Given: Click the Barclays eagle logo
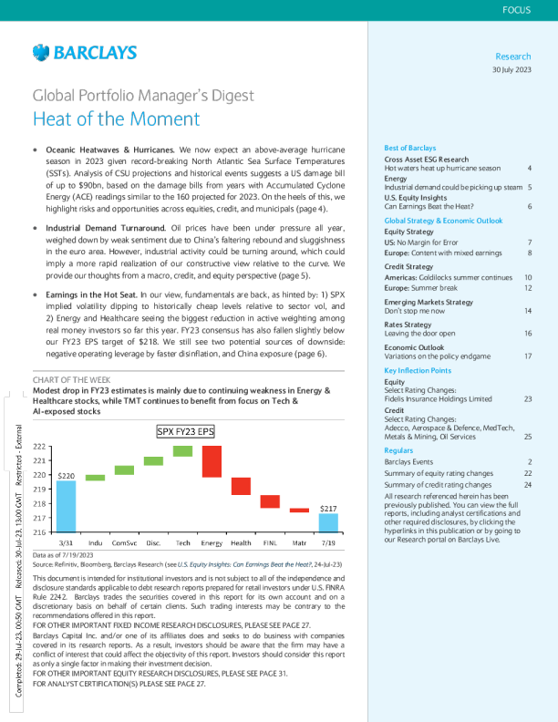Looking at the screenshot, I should click(x=40, y=54).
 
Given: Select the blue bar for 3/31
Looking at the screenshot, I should click(x=67, y=505).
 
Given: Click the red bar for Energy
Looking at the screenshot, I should click(x=212, y=461).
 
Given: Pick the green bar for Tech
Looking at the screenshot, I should click(x=182, y=450).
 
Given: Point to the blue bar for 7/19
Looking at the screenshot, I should click(x=328, y=521).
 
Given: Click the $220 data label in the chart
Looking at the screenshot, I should click(x=67, y=475).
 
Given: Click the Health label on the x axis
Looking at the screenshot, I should click(x=241, y=542).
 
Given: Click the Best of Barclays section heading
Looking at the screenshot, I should click(x=410, y=148).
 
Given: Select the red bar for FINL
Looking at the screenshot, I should click(x=270, y=501).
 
